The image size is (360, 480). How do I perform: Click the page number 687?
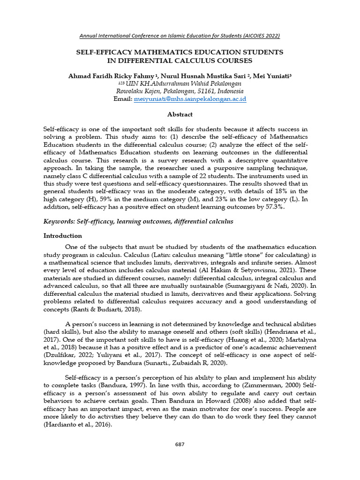[180, 444]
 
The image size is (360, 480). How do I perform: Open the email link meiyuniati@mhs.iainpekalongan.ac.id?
[190, 99]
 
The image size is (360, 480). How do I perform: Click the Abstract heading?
[180, 114]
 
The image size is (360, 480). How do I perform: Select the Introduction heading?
[63, 236]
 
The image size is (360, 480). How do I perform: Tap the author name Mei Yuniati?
[271, 75]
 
